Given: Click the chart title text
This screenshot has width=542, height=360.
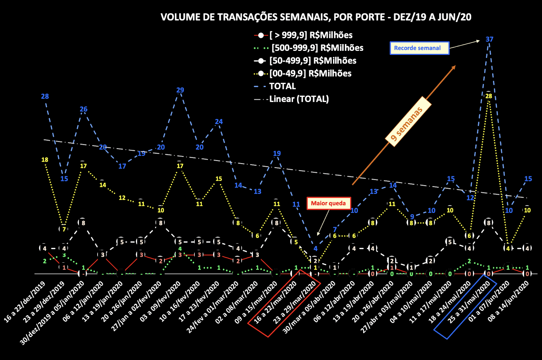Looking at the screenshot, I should coord(316,17).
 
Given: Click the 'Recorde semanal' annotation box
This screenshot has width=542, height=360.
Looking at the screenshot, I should coord(419,48).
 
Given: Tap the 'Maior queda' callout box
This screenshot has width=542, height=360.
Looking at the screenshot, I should coord(328,203).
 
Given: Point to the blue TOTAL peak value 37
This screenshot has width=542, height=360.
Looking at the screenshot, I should coord(489,39).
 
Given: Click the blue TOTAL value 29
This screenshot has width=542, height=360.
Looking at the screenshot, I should coord(180,90).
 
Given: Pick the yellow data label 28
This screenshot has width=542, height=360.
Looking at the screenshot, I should coord(488,96).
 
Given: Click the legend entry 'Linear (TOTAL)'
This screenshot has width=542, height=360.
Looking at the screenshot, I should coord(299,99).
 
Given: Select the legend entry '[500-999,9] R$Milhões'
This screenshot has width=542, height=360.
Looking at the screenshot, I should coord(317,48).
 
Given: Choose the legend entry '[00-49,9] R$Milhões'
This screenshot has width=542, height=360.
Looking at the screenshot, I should coord(310,74).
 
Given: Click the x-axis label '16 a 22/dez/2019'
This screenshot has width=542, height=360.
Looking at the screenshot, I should coord(24,302).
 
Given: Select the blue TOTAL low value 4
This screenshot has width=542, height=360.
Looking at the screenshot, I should coord(315,249).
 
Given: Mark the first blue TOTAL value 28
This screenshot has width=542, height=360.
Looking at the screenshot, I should coord(45,97).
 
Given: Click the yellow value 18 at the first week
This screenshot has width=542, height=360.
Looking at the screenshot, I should coord(45,160).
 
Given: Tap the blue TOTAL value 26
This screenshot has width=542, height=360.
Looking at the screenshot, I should coord(83,109).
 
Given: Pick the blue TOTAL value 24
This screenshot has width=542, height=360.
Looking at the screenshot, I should coord(218,122).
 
